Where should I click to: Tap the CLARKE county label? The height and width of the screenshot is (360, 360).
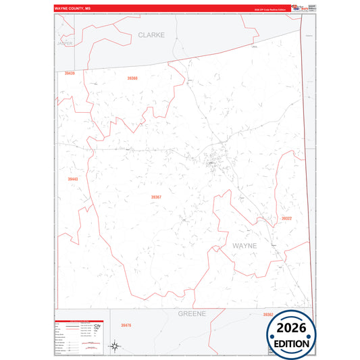[151, 34]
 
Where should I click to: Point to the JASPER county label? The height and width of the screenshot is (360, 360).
[65, 43]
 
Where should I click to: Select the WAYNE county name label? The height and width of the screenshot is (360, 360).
[245, 246]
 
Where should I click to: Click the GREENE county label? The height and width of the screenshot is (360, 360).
[191, 314]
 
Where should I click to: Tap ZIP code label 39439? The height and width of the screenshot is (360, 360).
[70, 73]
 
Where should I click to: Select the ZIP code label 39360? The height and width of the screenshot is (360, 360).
[132, 78]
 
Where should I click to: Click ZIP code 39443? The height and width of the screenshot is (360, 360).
[73, 179]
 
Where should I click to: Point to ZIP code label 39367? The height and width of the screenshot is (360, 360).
[156, 197]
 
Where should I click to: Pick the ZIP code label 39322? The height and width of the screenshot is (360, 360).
[286, 219]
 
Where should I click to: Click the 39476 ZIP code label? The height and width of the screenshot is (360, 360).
[126, 326]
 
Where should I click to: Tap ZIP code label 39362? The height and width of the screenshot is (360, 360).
[267, 315]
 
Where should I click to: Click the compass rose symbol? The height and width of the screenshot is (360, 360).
[115, 347]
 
